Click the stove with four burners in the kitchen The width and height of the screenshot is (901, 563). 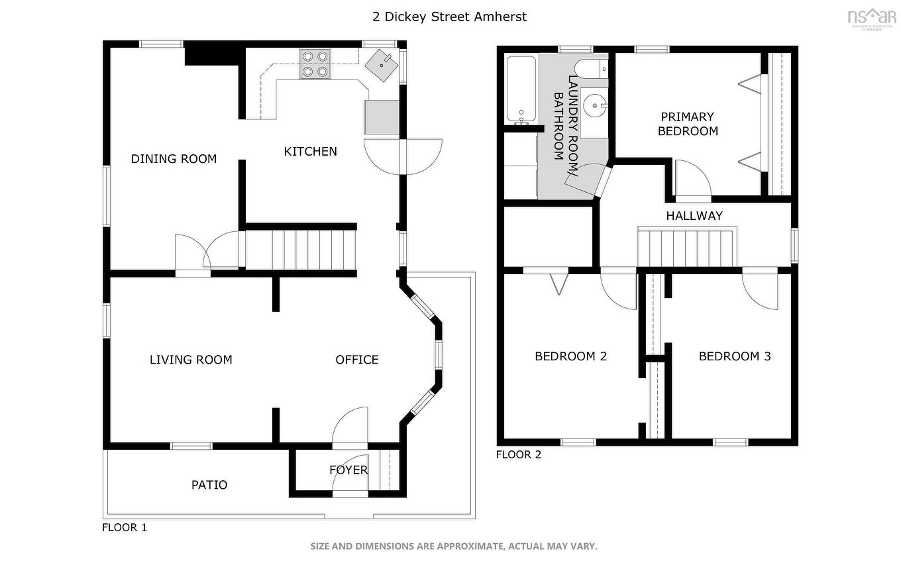[x=315, y=64]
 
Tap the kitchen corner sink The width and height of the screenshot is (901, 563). [x=382, y=64]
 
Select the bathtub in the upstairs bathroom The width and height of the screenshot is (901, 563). [x=521, y=89]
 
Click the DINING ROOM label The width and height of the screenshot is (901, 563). [x=174, y=159]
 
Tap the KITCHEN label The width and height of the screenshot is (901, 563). [x=310, y=152]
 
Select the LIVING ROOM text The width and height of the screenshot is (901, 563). [x=191, y=360]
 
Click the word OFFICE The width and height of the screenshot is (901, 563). [x=357, y=360]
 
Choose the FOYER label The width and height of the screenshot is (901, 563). [x=348, y=470]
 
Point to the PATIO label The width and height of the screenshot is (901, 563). [x=209, y=485]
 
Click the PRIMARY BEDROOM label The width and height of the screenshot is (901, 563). [x=688, y=124]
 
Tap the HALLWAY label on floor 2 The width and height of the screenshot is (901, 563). [x=694, y=216]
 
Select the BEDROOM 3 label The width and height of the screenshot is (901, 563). [x=735, y=356]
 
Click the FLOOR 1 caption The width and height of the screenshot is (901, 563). [x=124, y=528]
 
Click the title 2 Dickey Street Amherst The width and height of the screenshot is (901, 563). [x=450, y=17]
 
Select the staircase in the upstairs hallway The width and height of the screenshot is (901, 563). [x=687, y=246]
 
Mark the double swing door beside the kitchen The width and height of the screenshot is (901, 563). [x=402, y=156]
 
